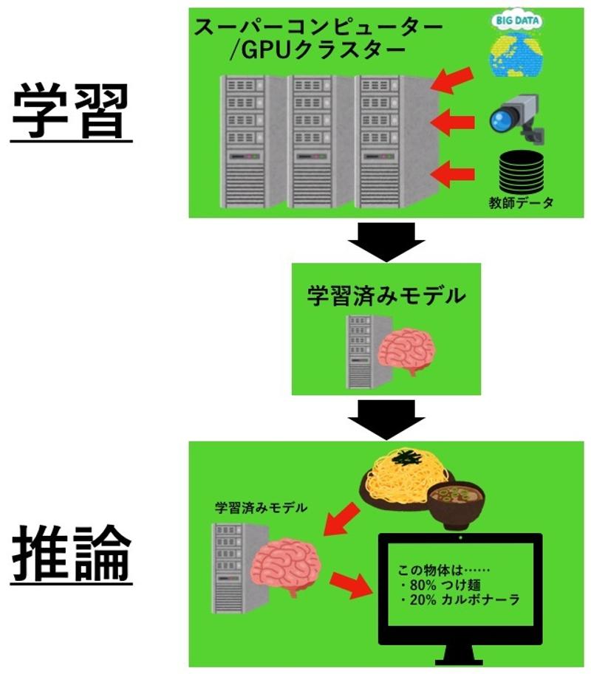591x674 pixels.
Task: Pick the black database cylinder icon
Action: (x=521, y=171)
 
